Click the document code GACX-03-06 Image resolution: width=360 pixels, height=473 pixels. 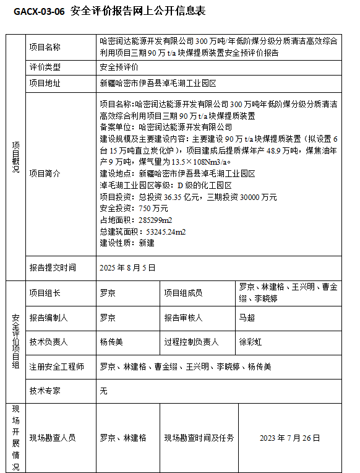coord(38,11)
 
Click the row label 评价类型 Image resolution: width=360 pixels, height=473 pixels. coord(45,66)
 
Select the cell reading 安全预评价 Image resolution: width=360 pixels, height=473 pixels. coord(119,66)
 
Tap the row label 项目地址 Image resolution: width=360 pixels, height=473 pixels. coord(45,82)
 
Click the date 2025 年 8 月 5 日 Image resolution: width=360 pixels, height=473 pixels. coord(127,267)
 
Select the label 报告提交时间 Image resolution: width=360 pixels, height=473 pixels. coord(53,267)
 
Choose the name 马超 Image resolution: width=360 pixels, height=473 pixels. coord(247,318)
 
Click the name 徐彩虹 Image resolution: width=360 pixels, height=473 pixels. coord(251,342)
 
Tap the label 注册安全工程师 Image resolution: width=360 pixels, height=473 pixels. coord(57,366)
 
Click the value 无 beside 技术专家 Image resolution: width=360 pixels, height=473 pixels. coord(104,391)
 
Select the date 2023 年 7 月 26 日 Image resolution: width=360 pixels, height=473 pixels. coord(290,438)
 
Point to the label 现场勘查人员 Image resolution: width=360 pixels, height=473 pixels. coord(53,438)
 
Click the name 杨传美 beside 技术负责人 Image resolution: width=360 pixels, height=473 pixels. coord(112,342)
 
